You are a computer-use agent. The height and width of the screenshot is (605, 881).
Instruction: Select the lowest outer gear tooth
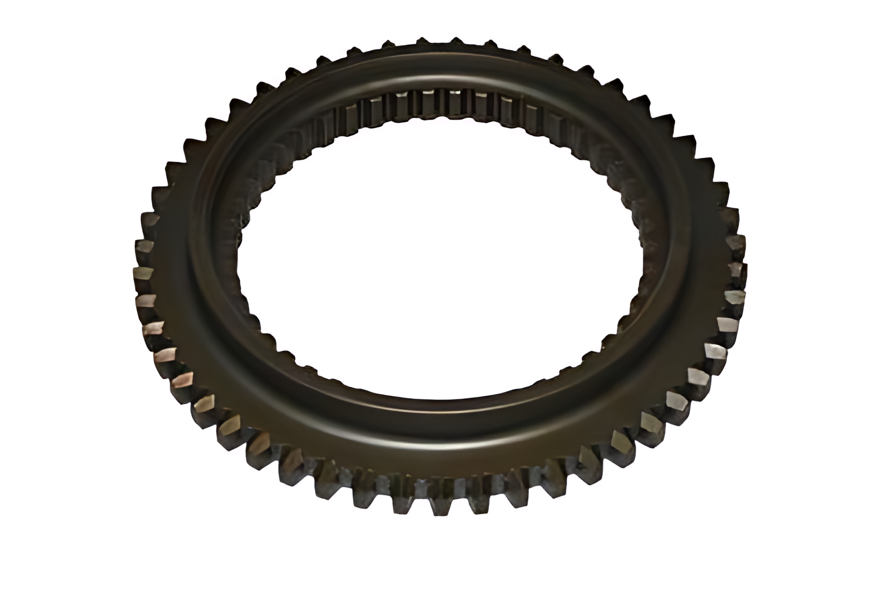point(439,506)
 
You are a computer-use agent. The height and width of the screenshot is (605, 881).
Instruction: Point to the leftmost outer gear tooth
point(143,272)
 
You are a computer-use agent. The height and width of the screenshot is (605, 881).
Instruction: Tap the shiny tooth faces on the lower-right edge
point(690,389)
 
